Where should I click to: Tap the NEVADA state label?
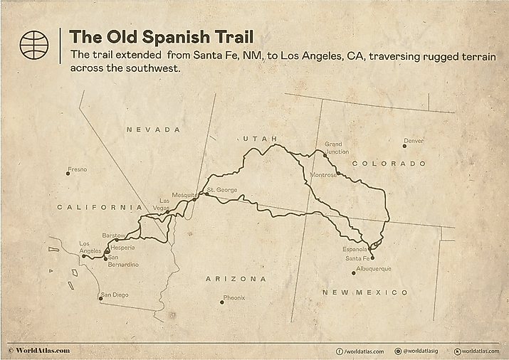(153, 129)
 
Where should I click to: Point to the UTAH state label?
(259, 139)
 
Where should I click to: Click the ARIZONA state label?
(236, 279)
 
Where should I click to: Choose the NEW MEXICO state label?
(365, 292)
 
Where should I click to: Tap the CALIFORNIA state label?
(95, 207)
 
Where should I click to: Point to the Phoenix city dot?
(222, 302)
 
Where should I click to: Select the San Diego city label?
(116, 295)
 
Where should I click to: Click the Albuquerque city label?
(374, 269)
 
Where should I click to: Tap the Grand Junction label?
(337, 148)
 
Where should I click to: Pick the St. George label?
(222, 190)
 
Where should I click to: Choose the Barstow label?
(115, 235)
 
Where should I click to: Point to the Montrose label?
(324, 174)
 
